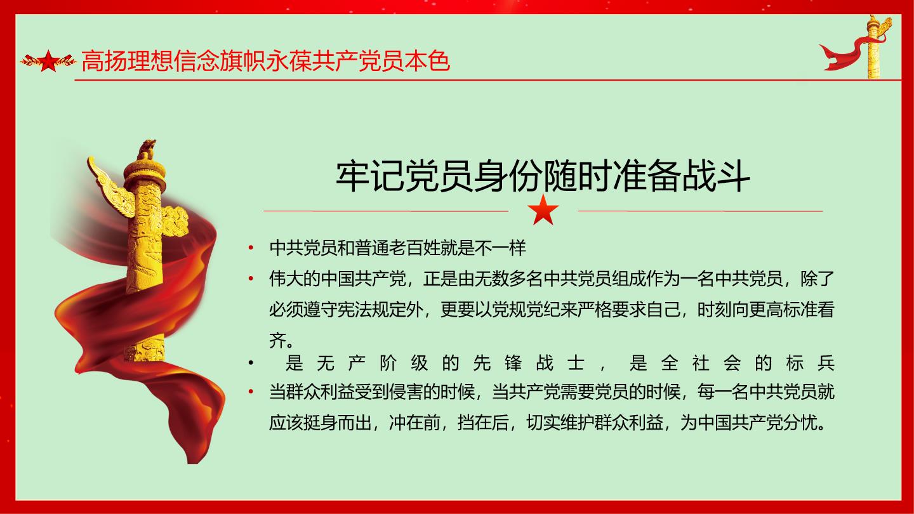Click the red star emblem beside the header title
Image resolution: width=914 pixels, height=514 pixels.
(48, 61)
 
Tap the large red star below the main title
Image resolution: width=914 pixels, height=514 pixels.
(543, 209)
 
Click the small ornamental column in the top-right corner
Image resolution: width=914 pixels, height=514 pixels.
(873, 46)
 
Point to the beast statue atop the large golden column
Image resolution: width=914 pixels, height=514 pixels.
(146, 149)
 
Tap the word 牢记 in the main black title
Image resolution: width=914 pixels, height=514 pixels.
(370, 176)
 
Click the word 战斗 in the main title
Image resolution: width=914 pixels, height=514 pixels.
(716, 176)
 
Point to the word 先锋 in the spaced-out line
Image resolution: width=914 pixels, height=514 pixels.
(498, 363)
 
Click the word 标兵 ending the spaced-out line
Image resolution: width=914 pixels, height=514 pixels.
(811, 363)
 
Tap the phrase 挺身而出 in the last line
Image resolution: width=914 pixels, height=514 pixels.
(338, 423)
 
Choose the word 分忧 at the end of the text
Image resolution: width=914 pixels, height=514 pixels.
(800, 423)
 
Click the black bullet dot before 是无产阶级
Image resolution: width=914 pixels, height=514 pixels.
(251, 363)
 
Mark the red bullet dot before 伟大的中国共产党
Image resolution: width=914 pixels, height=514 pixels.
(251, 279)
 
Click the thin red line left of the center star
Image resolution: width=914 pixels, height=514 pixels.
(386, 211)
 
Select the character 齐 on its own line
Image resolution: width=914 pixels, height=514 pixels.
(277, 340)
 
